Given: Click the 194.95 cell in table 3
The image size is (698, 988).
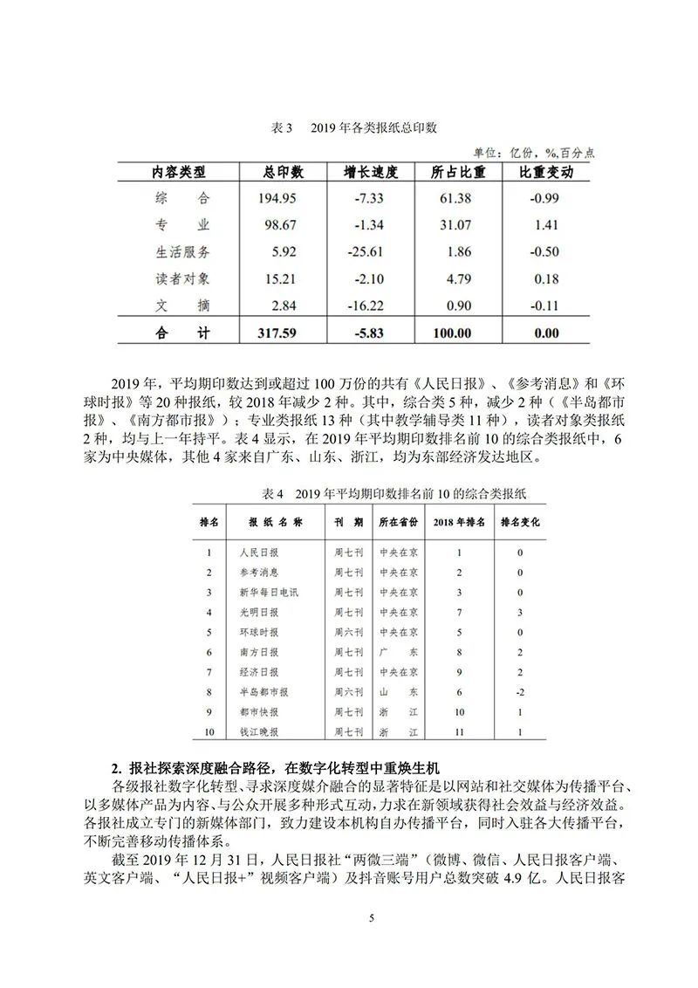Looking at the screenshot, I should [x=278, y=198].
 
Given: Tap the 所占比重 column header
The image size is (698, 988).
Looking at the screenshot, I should [x=458, y=172].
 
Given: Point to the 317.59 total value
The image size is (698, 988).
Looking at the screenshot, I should [x=278, y=333].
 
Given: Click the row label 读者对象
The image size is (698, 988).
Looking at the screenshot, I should [x=182, y=278].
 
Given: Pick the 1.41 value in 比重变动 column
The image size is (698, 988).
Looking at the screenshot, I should [x=545, y=225].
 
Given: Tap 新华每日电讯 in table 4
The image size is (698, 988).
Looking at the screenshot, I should [x=269, y=593].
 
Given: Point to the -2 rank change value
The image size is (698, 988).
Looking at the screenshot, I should [x=519, y=691].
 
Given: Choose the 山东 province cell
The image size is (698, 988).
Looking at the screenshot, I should [x=399, y=691].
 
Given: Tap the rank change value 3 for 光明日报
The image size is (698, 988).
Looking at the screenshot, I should [x=519, y=612].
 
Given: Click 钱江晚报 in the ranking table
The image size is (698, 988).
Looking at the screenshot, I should [x=260, y=731].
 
